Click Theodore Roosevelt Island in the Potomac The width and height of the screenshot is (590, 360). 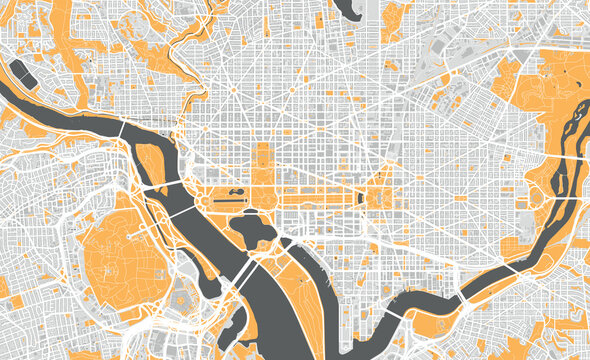click(x=151, y=162)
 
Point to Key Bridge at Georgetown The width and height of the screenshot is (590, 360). click(x=122, y=130)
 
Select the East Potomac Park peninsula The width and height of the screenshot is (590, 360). click(x=300, y=285)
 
